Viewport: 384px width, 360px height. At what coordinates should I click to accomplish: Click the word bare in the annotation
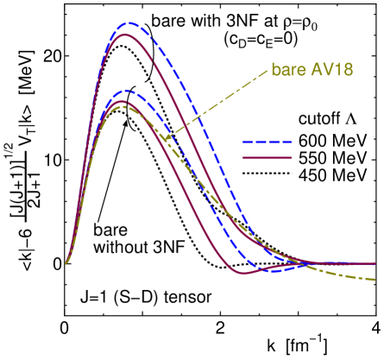[287, 70]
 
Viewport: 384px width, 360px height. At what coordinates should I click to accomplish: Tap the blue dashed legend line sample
[267, 142]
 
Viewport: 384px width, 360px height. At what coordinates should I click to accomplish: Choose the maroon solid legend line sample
[267, 158]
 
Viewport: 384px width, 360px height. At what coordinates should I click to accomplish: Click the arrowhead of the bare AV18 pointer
[163, 138]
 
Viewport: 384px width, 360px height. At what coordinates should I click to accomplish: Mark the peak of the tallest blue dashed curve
[129, 23]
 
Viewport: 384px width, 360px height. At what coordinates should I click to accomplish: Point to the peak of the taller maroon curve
[126, 35]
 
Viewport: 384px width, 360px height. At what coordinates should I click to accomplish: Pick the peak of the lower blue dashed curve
[128, 90]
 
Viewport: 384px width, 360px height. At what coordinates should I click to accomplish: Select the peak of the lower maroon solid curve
[124, 101]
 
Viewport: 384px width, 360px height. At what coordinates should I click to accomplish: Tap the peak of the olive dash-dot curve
[123, 106]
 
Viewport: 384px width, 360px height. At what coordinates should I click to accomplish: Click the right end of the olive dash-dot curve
[375, 280]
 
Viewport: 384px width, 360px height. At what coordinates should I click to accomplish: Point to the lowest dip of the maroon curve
[242, 273]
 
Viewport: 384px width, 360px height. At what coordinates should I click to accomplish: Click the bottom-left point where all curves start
[66, 263]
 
